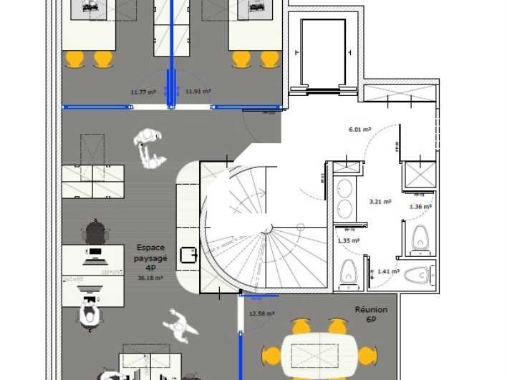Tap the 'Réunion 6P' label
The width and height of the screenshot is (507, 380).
tap(371, 315)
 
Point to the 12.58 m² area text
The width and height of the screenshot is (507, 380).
tap(261, 313)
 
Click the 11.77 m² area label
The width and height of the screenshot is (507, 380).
tap(143, 92)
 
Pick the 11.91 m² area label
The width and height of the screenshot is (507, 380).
tap(198, 92)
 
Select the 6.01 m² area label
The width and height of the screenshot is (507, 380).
tap(359, 130)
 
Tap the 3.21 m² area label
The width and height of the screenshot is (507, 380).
tap(380, 202)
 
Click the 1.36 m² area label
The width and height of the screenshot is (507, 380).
tap(420, 207)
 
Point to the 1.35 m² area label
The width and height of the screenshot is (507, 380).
tap(348, 241)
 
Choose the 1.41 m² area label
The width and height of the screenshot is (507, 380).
tap(387, 272)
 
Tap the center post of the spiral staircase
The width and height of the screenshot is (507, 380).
tap(268, 229)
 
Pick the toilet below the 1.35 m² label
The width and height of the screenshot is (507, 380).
tap(349, 271)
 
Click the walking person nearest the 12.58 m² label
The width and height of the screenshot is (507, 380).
tap(180, 326)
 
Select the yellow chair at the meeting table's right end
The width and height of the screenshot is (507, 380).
tap(367, 355)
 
